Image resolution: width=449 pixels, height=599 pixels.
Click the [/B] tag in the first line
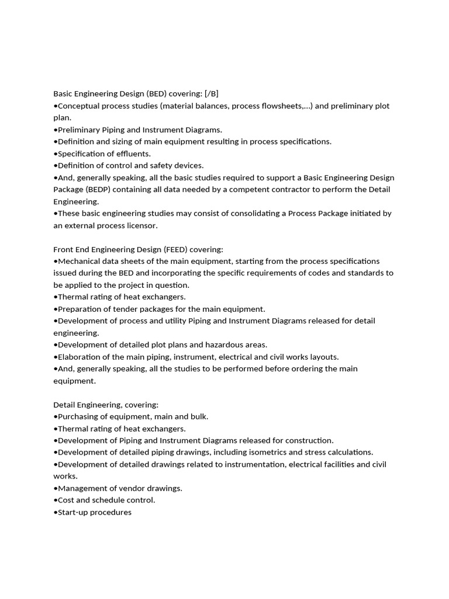(x=211, y=94)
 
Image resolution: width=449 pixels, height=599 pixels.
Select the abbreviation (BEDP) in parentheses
(x=101, y=190)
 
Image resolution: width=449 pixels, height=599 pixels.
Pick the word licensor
(x=141, y=225)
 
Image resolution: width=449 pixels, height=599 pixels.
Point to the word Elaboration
(x=79, y=357)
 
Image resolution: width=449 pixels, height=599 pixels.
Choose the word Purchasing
(x=79, y=416)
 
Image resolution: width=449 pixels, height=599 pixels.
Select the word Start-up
(x=73, y=512)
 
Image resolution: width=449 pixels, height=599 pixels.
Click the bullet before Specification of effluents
(x=55, y=154)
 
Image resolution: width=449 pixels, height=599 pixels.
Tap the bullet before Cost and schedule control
(x=55, y=500)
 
